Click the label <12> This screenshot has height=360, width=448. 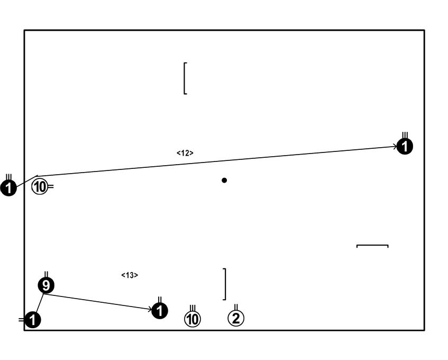click(x=185, y=153)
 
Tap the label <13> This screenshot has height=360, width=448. click(x=130, y=275)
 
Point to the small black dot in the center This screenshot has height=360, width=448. click(x=224, y=181)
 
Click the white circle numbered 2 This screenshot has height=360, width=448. click(x=236, y=318)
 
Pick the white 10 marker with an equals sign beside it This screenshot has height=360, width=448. click(x=40, y=186)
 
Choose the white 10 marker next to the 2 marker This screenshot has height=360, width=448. click(x=193, y=318)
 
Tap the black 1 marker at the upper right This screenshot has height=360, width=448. click(x=405, y=147)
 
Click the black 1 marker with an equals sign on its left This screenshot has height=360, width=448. click(x=33, y=320)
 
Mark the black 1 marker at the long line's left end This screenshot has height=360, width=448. click(x=9, y=187)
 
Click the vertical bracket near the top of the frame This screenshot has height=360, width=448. click(x=185, y=78)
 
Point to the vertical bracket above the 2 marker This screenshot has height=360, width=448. click(x=225, y=284)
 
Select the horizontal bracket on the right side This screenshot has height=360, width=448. click(x=372, y=246)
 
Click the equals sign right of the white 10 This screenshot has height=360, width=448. click(x=51, y=186)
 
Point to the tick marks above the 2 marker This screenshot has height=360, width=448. click(x=236, y=307)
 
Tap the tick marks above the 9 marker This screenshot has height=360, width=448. click(x=47, y=274)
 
